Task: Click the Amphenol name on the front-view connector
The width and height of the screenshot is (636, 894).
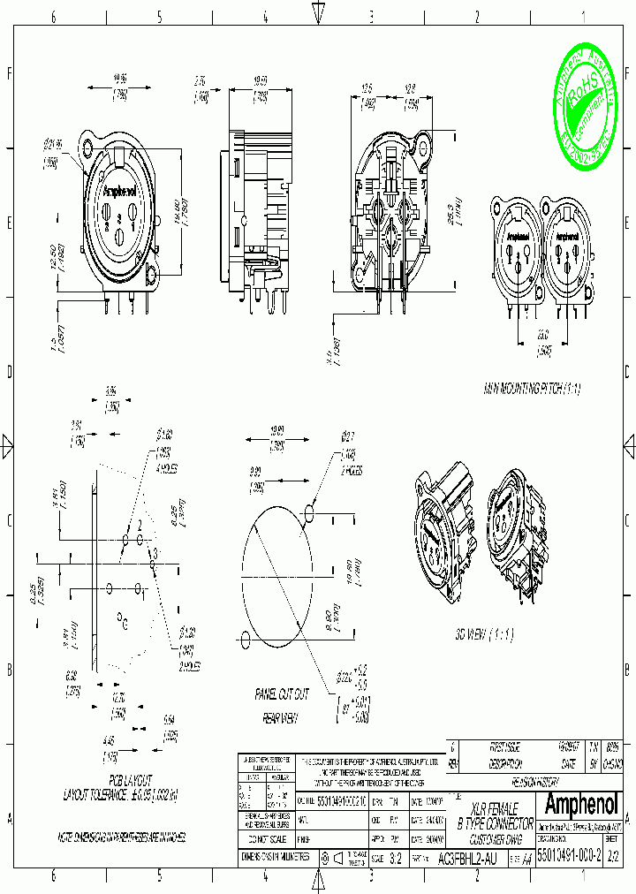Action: (x=120, y=191)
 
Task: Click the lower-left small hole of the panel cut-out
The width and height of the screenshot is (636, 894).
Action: (x=245, y=636)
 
